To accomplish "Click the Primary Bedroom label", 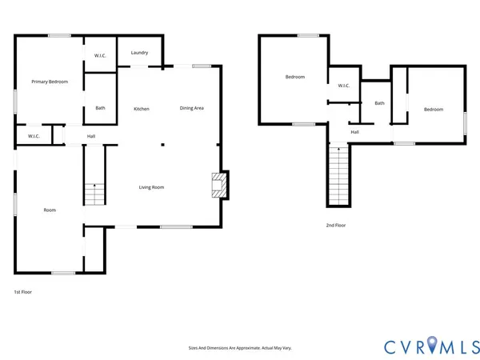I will pos(49,82).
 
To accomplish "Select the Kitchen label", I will pos(142,108).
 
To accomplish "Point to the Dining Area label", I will pos(191,108).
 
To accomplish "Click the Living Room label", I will pos(151,187).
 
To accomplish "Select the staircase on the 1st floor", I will pos(94,193).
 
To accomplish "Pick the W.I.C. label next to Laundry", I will pos(101,55).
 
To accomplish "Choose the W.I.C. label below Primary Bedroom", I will pos(34,136).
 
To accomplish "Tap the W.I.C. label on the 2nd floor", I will pos(344,86).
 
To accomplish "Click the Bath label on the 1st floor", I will pos(100,108).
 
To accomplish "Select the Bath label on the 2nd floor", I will pos(379,102).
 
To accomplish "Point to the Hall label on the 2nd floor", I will pos(354,132).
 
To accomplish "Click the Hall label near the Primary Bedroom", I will pos(91,136).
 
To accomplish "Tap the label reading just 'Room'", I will pos(50,210).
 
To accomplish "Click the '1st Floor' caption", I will pos(23,292).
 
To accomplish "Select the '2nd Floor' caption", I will pos(335,226).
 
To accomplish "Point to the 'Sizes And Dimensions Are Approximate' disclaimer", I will pos(239,348).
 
